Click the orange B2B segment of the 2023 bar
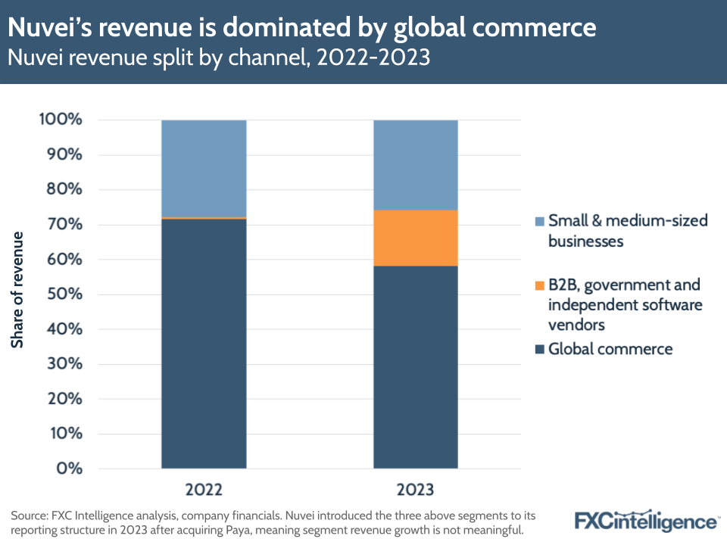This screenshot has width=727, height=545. pyautogui.click(x=416, y=238)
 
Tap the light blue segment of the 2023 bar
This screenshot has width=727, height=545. pyautogui.click(x=416, y=164)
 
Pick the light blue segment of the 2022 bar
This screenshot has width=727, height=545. pyautogui.click(x=204, y=168)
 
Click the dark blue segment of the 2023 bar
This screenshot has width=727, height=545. pyautogui.click(x=416, y=366)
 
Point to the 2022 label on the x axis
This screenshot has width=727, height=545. pyautogui.click(x=204, y=487)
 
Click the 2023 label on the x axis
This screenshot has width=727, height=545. pyautogui.click(x=416, y=487)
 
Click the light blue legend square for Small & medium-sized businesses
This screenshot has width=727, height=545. pyautogui.click(x=539, y=222)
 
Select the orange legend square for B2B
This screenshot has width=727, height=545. pyautogui.click(x=539, y=285)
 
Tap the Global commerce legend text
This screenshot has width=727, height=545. pyautogui.click(x=610, y=349)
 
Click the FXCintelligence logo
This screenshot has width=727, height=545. pyautogui.click(x=645, y=522)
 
